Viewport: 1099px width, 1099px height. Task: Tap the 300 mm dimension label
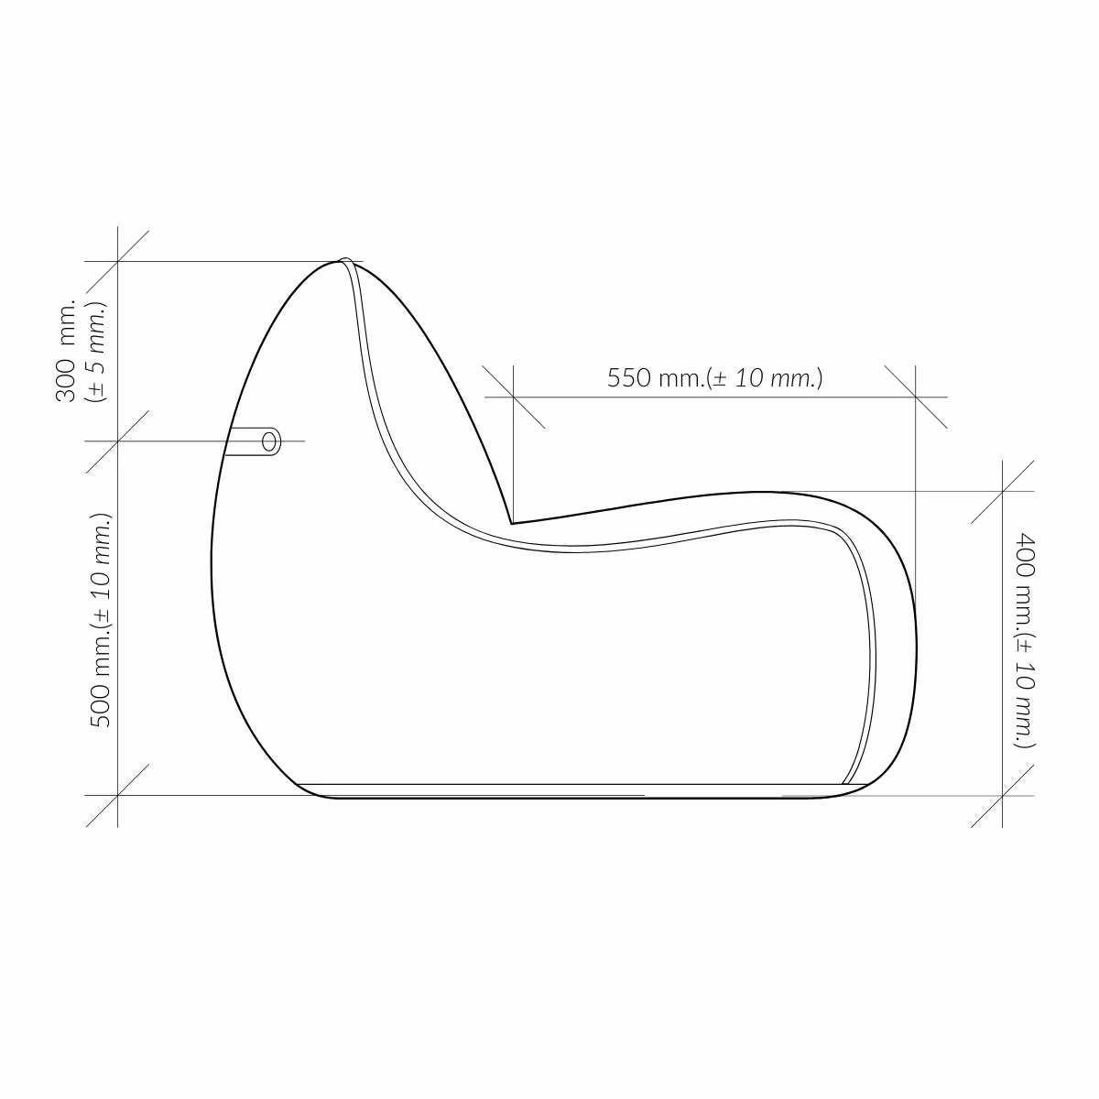[65, 350]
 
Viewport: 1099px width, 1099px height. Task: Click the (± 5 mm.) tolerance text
[96, 353]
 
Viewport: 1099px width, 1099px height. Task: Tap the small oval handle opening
[270, 441]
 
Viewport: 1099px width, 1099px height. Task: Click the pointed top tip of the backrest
[344, 259]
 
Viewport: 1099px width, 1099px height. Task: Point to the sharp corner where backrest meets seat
[512, 523]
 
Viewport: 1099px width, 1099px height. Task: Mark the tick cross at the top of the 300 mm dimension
[117, 261]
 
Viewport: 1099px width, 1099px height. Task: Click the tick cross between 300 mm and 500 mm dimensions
[117, 441]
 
